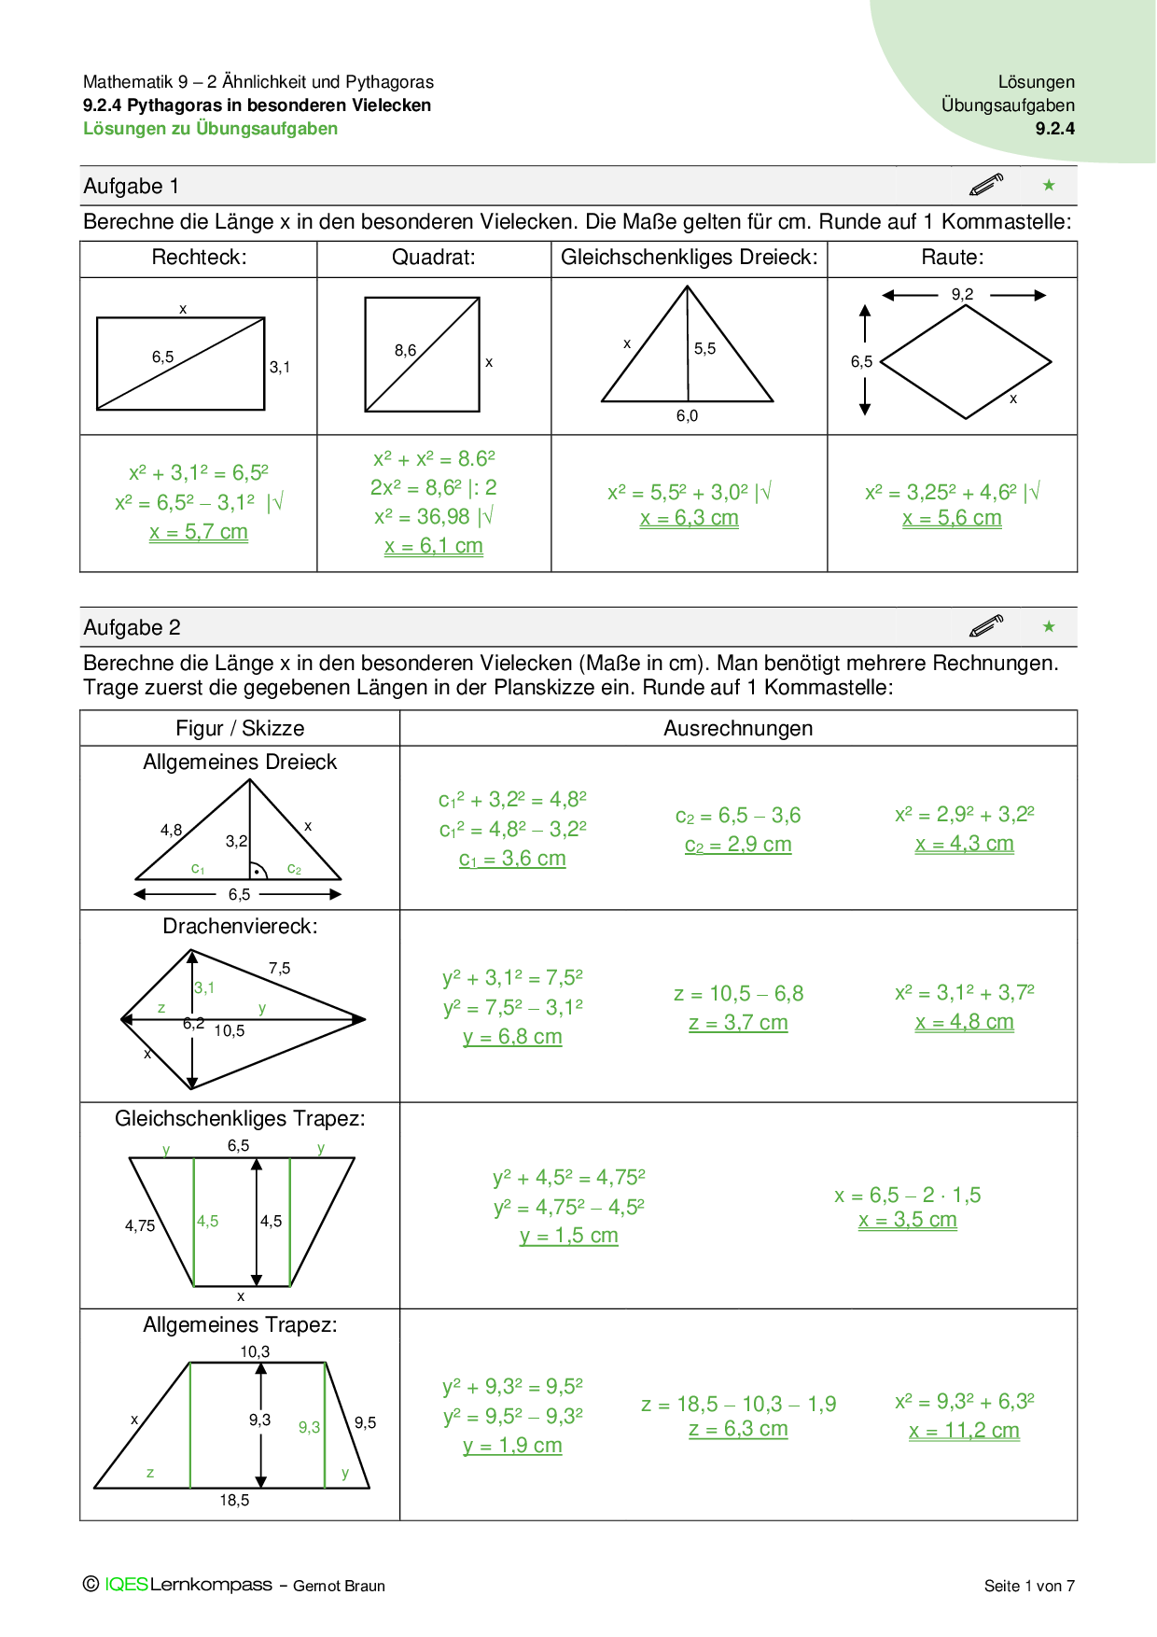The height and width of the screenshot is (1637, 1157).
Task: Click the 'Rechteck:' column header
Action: pyautogui.click(x=199, y=258)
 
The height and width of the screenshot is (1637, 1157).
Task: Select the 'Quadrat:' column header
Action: pyautogui.click(x=433, y=258)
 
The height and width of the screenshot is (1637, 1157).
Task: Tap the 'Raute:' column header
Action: pyautogui.click(x=952, y=258)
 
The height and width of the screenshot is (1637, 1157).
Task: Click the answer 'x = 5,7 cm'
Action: pyautogui.click(x=199, y=532)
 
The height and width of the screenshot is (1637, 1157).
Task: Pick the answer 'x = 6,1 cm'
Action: pyautogui.click(x=434, y=546)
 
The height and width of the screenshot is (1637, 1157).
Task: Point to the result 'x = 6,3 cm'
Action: pyautogui.click(x=690, y=518)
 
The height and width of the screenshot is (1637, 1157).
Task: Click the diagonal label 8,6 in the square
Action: pyautogui.click(x=405, y=350)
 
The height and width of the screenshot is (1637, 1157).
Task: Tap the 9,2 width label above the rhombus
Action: pyautogui.click(x=962, y=294)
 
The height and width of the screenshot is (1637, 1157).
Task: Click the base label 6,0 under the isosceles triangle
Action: pyautogui.click(x=687, y=416)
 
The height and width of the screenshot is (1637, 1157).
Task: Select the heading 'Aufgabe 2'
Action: pyautogui.click(x=132, y=627)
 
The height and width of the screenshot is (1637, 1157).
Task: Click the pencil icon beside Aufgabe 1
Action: pyautogui.click(x=986, y=185)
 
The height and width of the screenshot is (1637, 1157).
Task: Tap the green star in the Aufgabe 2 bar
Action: pyautogui.click(x=1049, y=626)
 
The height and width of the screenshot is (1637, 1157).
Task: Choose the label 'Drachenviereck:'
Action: pyautogui.click(x=240, y=926)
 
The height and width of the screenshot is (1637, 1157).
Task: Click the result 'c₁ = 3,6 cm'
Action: pyautogui.click(x=512, y=859)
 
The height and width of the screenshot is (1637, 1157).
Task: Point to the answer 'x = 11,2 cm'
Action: pyautogui.click(x=964, y=1431)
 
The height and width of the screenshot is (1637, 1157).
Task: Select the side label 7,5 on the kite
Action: pyautogui.click(x=279, y=968)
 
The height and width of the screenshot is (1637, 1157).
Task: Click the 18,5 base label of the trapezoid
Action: pyautogui.click(x=234, y=1500)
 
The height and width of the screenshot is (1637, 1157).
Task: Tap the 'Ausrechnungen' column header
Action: pyautogui.click(x=738, y=728)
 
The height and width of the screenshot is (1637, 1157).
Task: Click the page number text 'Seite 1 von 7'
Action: pyautogui.click(x=1029, y=1586)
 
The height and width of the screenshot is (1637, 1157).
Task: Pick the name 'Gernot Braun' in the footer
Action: pyautogui.click(x=339, y=1586)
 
